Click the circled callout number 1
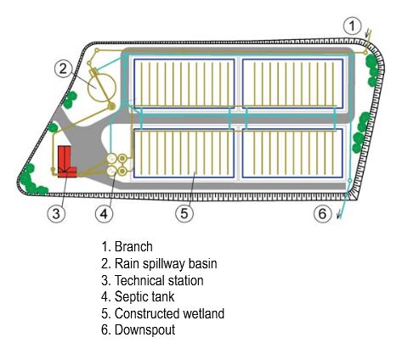352,26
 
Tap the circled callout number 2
63,68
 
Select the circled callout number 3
56,213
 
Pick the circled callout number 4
105,213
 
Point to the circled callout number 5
184,213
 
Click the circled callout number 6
322,213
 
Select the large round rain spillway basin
102,87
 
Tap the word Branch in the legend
133,247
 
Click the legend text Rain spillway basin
166,264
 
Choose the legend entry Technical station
159,280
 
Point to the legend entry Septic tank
144,297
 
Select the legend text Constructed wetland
169,313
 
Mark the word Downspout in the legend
144,330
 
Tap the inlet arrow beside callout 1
368,34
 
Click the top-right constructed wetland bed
292,83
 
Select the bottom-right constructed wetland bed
292,153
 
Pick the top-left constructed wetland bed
184,83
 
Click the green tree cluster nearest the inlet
372,70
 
